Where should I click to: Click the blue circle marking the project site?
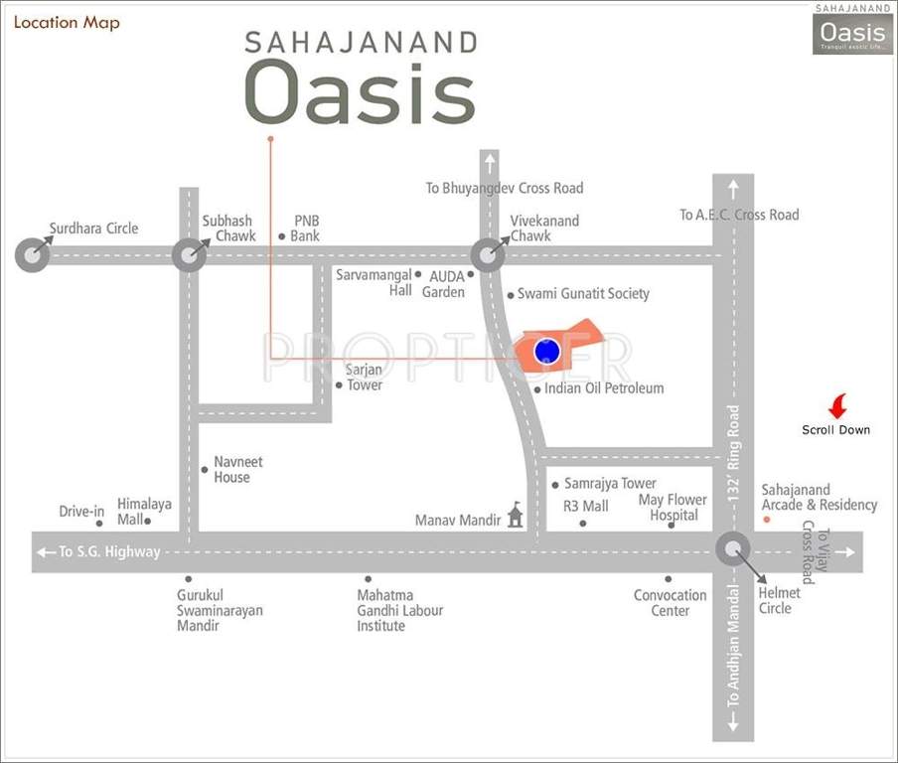tap(546, 351)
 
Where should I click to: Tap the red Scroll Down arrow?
tap(837, 406)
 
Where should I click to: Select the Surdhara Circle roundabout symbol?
tap(32, 255)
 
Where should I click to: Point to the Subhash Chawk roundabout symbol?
tap(189, 255)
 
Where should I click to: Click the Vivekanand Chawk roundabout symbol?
tap(487, 255)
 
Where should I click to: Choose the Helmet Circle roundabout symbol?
tap(734, 549)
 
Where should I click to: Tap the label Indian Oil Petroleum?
tap(603, 388)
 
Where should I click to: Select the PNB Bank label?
tap(306, 229)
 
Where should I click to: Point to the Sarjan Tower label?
tap(364, 378)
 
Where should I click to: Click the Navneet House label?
tap(238, 470)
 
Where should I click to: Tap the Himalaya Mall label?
tap(144, 512)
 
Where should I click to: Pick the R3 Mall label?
tap(586, 507)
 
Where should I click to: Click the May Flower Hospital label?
tap(673, 508)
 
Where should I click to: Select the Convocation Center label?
tap(671, 603)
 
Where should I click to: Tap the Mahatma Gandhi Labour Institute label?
tap(399, 610)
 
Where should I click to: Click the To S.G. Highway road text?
tap(108, 552)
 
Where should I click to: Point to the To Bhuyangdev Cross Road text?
tap(504, 188)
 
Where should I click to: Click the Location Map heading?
tap(67, 23)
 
